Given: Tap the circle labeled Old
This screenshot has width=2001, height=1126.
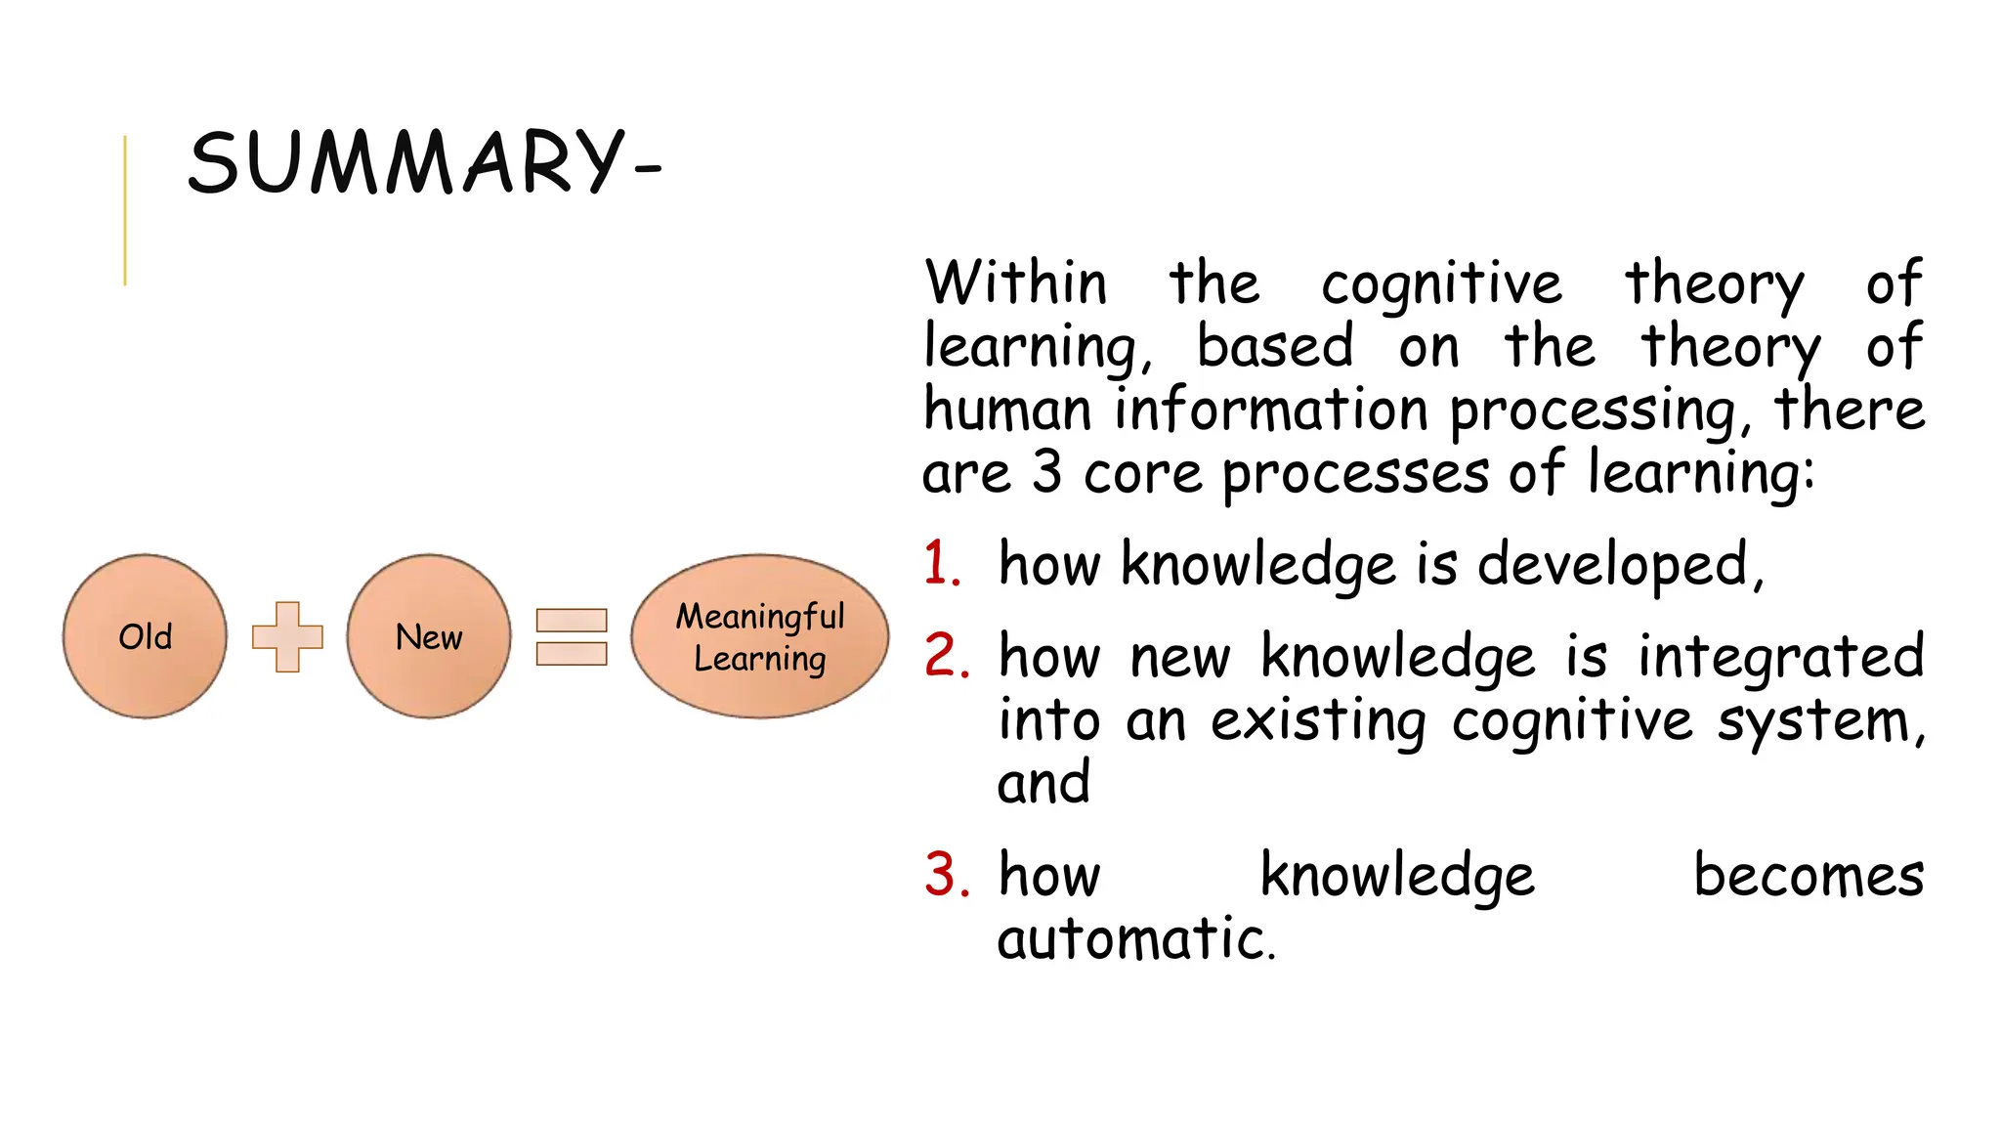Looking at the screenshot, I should [x=145, y=636].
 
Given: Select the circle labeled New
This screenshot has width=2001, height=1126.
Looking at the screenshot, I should [x=428, y=636].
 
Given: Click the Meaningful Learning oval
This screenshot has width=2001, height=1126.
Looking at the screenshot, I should [x=759, y=636].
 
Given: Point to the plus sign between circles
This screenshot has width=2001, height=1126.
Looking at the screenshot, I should [x=287, y=636].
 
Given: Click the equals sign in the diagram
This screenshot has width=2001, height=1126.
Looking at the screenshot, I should [x=572, y=637].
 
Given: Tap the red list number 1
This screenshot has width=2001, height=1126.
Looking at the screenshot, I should [x=941, y=565].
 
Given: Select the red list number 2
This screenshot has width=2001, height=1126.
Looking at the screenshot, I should [x=945, y=656].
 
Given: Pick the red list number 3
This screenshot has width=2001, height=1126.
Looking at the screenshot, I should [x=945, y=875].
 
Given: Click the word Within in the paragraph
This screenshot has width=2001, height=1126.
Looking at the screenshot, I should [x=1016, y=283].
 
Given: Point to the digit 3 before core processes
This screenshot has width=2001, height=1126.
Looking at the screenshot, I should [x=1047, y=473].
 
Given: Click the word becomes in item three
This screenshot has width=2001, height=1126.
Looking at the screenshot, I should [x=1809, y=875].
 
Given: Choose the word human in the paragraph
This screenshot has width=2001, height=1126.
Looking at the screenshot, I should [x=1007, y=410].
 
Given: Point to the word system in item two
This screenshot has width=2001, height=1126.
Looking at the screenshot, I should [x=1817, y=722].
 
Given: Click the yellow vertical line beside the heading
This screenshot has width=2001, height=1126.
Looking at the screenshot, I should [x=125, y=210].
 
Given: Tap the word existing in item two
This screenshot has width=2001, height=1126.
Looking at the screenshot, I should [x=1318, y=722].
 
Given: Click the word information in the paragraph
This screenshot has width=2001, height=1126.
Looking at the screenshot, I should [x=1271, y=410].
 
